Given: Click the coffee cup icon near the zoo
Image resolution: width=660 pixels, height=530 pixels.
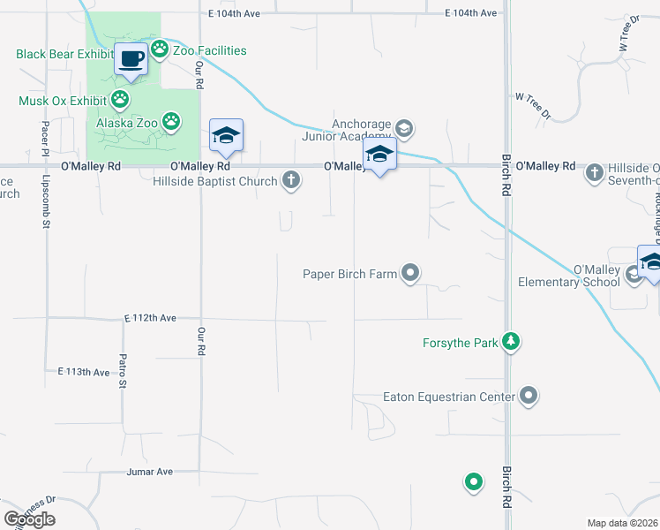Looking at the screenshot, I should point(130,59).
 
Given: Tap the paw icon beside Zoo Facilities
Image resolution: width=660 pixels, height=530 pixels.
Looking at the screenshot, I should point(160,49).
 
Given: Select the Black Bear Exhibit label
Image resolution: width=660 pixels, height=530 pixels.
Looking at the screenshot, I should point(64,54).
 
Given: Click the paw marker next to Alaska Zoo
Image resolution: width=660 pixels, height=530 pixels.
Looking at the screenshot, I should point(171,121).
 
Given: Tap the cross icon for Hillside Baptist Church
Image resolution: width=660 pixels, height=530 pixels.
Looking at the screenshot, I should point(290,181).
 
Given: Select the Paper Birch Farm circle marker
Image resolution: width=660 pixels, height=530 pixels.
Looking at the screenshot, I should point(410,274).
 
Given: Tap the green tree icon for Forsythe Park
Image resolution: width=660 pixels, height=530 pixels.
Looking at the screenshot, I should point(510,342).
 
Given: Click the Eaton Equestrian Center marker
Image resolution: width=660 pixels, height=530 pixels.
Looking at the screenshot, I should point(529,396).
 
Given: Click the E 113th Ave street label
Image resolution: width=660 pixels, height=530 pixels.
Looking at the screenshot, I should point(84,372).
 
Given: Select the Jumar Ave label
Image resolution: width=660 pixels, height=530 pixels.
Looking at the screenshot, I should point(149,472).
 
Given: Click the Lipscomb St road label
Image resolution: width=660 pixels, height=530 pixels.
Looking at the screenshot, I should point(45,201).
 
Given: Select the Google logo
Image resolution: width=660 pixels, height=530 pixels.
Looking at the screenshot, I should point(29,519).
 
